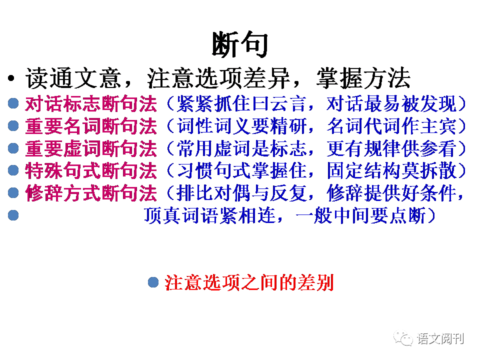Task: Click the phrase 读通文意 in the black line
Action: [73, 78]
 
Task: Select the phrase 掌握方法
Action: [363, 78]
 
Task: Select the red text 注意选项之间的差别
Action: [249, 283]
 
